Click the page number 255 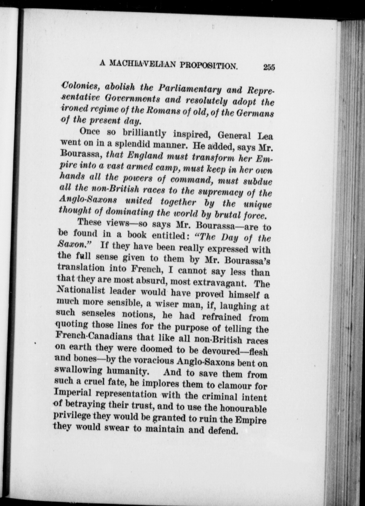click(269, 67)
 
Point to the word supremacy click(217, 193)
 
